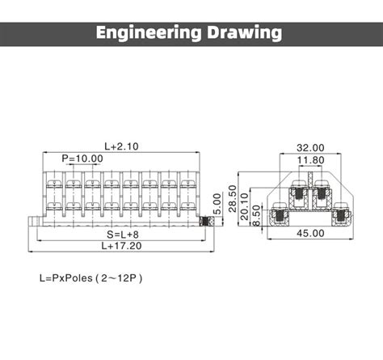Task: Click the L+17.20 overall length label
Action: (121, 245)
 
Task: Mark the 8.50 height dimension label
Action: (257, 215)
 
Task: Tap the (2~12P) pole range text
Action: (120, 277)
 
